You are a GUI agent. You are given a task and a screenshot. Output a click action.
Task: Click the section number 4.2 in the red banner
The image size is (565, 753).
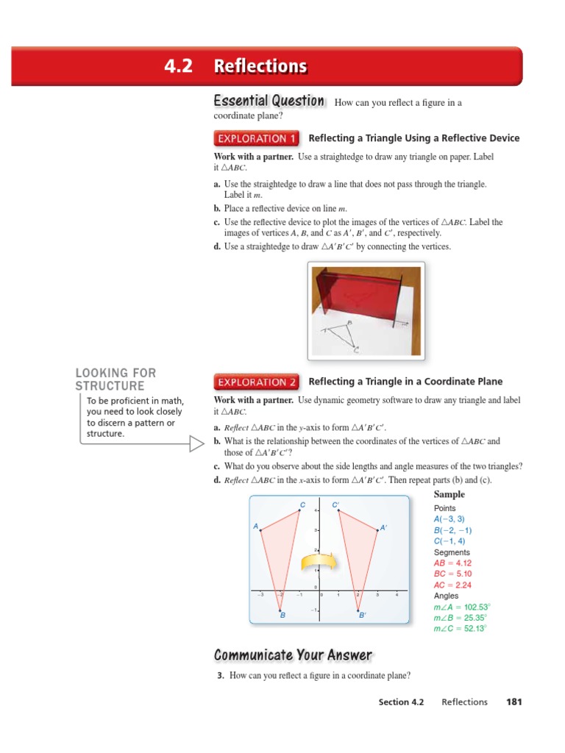pos(179,67)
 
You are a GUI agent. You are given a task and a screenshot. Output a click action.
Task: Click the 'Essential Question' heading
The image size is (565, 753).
pos(269,101)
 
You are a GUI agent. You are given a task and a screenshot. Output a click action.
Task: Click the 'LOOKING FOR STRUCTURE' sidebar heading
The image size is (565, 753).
pos(116,379)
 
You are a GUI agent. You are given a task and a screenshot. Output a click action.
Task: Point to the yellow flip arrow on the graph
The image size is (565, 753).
pos(318,562)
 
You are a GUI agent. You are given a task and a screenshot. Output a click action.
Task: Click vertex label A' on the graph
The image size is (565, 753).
pos(383,527)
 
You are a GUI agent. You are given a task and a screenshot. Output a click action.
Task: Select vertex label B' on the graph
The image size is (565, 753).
pos(362,615)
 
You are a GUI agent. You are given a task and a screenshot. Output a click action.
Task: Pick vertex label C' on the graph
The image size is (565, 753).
pos(335,505)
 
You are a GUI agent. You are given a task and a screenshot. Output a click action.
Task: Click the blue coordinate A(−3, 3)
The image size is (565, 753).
pos(449,519)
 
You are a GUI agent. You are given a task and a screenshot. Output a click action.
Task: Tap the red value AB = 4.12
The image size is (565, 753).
pos(452,563)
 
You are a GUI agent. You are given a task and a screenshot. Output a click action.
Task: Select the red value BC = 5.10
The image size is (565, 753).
pos(452,574)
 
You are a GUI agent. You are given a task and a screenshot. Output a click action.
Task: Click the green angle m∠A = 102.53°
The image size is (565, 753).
pos(461,607)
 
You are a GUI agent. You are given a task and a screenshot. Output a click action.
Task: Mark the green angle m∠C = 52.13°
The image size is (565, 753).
pos(460,629)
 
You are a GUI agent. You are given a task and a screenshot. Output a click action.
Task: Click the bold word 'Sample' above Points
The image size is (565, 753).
pos(449,495)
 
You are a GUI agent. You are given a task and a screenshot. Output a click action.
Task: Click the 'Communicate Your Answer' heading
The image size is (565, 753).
pos(293,655)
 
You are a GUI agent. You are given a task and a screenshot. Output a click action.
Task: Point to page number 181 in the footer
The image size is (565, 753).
pos(514,702)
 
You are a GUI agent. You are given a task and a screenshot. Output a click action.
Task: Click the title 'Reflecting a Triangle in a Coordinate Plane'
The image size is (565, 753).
pos(405,382)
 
